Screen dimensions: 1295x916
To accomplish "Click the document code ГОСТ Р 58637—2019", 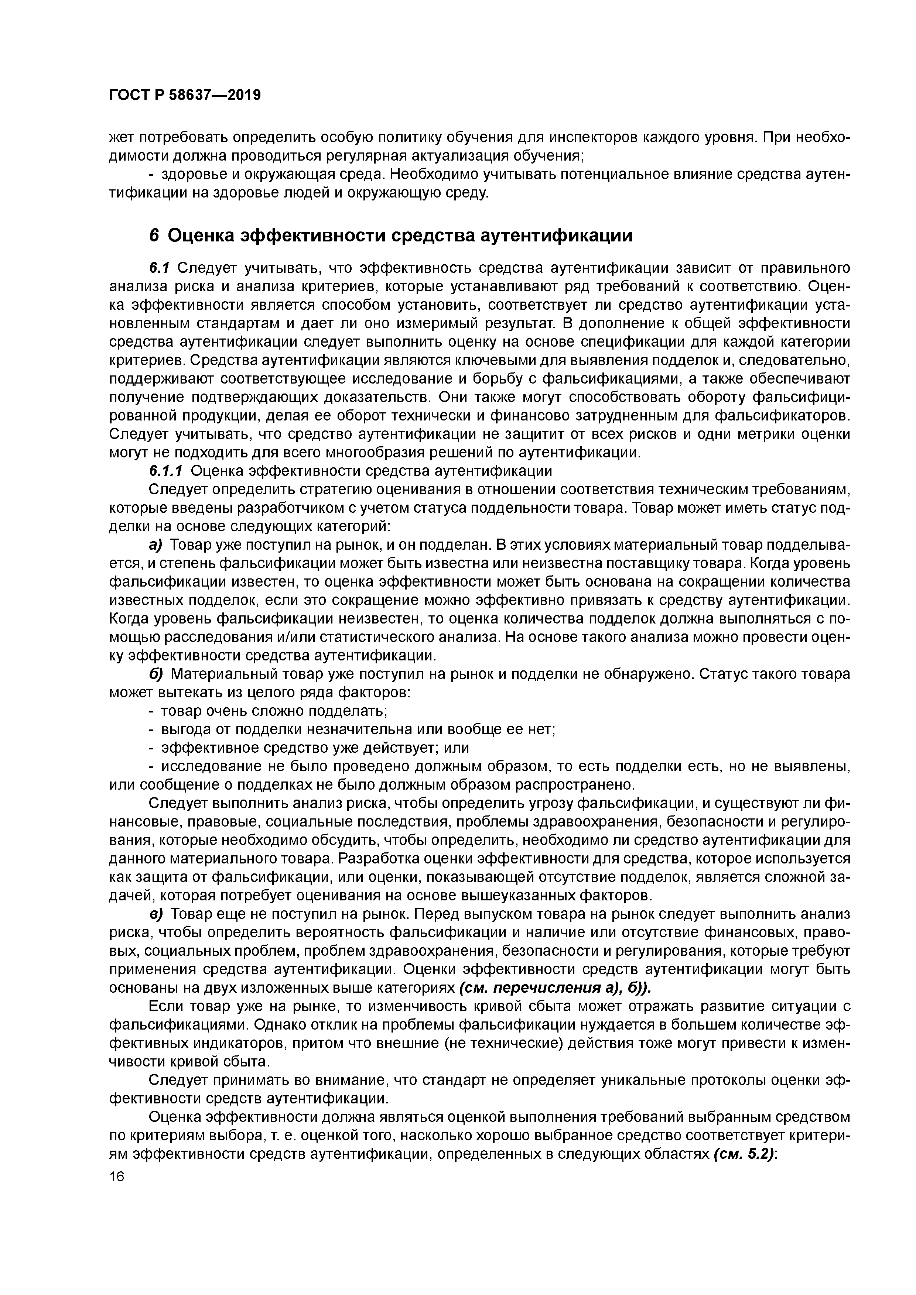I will (x=185, y=95).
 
